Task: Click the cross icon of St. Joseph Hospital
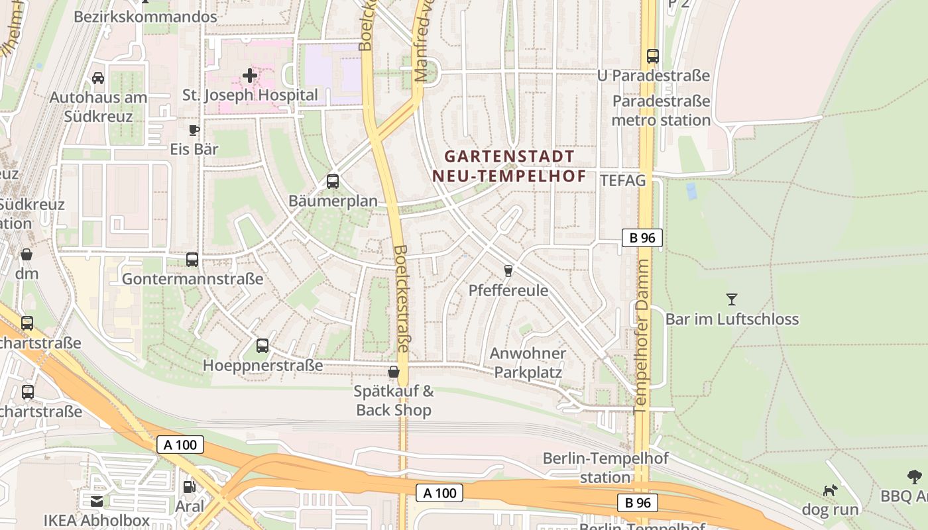click(x=250, y=76)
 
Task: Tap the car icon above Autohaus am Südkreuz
click(x=98, y=78)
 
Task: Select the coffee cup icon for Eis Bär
click(x=194, y=130)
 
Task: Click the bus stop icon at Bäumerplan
click(x=333, y=181)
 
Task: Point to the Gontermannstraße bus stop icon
click(x=192, y=259)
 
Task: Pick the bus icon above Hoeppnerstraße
click(x=262, y=345)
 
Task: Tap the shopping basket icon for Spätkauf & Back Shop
click(x=394, y=372)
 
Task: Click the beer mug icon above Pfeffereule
click(x=508, y=270)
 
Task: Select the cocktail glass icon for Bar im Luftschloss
click(x=732, y=299)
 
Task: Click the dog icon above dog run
click(x=830, y=490)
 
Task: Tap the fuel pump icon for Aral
click(x=190, y=486)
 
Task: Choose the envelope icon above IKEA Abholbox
click(x=97, y=501)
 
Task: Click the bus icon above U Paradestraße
click(x=653, y=56)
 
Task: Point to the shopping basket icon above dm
click(x=27, y=254)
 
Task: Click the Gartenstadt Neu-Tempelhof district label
click(x=509, y=166)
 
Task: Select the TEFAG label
click(x=622, y=180)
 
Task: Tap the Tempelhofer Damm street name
click(x=642, y=336)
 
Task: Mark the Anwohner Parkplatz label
click(x=528, y=362)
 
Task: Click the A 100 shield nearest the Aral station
click(x=180, y=445)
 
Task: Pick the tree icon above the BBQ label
click(x=915, y=476)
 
